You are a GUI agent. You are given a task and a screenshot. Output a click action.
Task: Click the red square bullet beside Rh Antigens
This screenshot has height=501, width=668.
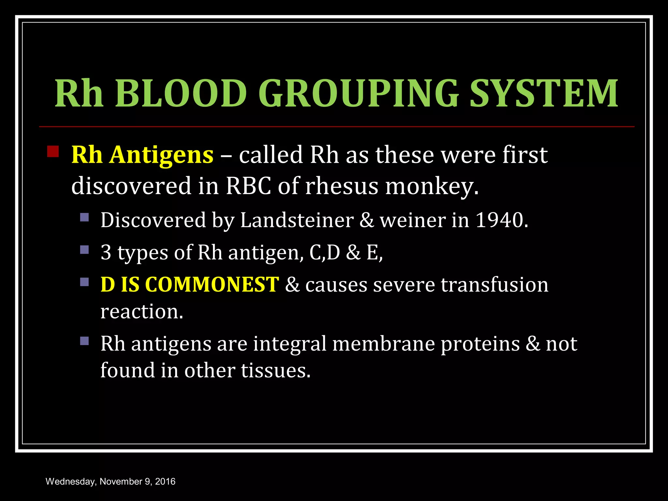point(53,152)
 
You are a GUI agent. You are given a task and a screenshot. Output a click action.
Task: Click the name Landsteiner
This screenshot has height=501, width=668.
point(297,220)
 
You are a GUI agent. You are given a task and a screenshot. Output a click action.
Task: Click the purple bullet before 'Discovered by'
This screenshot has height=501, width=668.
point(84,217)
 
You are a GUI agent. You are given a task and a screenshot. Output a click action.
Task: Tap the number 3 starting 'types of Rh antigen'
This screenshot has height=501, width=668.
point(106,252)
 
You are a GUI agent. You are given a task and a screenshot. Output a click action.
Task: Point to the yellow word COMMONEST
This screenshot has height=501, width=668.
point(212,284)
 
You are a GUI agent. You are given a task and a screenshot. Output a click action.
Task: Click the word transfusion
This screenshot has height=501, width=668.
point(494,284)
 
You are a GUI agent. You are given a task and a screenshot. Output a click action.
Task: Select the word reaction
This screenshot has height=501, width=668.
point(141,311)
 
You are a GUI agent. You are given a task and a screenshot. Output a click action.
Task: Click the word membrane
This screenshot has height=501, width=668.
point(384,344)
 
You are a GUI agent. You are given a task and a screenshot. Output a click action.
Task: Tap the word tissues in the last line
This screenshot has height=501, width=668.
point(276,371)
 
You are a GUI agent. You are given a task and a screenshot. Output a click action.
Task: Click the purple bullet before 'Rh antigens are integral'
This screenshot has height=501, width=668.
point(84,341)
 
